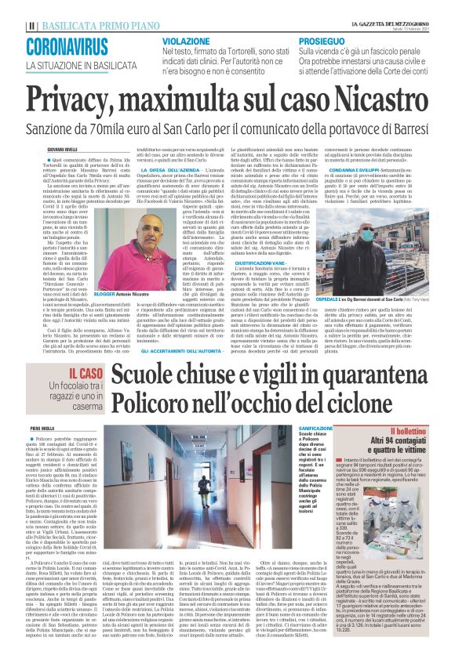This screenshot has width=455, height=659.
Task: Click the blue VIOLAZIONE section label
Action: pos(187,39)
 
